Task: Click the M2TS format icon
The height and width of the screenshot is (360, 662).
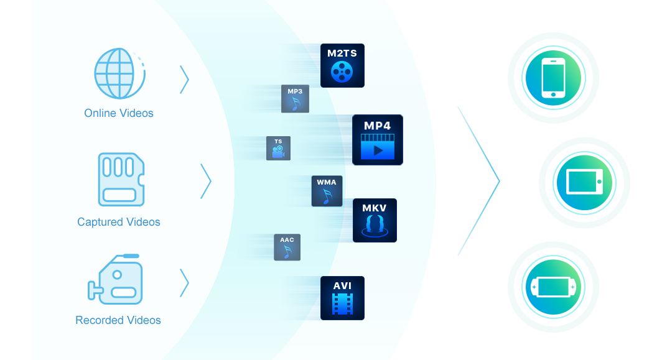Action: (342, 65)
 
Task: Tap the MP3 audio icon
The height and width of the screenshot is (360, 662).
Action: (295, 99)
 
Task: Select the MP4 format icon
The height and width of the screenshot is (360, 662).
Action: (378, 140)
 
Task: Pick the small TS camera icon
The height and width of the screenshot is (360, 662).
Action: (278, 149)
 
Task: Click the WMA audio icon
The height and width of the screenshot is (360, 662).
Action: (327, 191)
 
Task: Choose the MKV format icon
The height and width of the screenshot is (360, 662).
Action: (375, 220)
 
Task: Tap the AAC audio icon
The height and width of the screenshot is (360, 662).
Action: (287, 247)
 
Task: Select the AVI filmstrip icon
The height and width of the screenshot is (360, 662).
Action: (342, 298)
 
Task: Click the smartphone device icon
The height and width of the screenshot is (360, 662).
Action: (553, 78)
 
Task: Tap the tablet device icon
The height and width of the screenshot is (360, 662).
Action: (584, 182)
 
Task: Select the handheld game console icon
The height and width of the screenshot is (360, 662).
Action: (553, 287)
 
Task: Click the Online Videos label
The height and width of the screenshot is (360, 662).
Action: (119, 113)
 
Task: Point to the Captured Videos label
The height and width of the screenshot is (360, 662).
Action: (119, 222)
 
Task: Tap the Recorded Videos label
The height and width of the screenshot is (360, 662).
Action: (118, 320)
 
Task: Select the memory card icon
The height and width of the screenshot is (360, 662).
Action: (121, 179)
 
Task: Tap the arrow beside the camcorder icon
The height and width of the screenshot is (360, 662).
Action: (184, 282)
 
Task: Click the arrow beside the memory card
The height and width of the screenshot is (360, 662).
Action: (206, 182)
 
